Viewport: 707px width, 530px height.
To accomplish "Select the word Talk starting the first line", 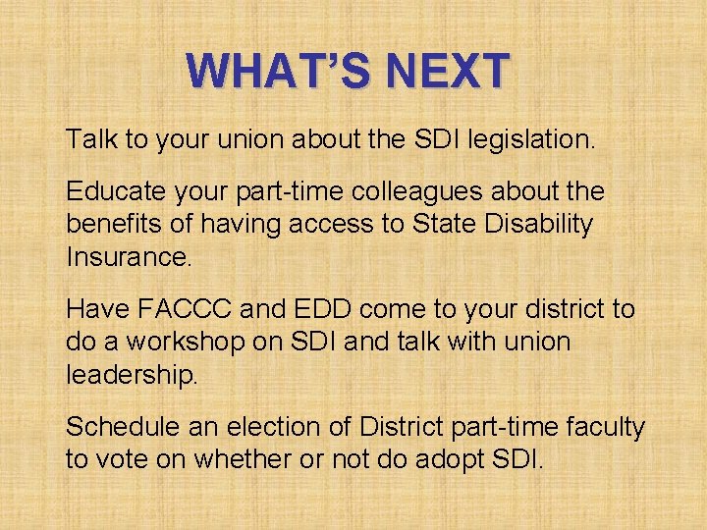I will tap(90, 139).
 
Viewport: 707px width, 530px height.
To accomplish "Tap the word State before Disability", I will tap(456, 224).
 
